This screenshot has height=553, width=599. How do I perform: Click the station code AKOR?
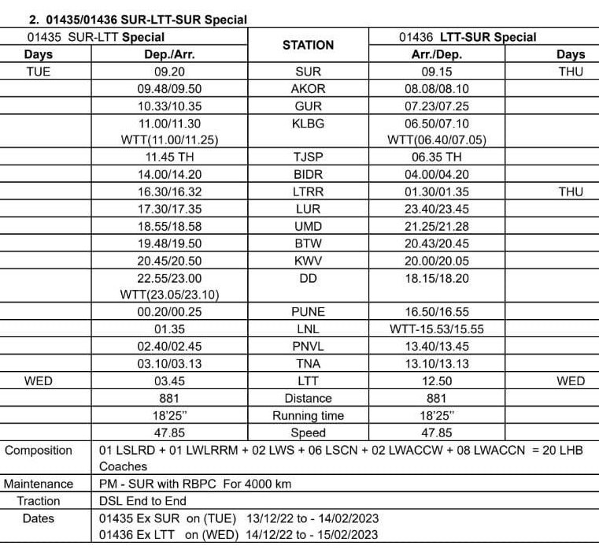(308, 89)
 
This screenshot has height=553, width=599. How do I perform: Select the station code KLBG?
(308, 124)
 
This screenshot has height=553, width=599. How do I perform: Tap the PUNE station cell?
(308, 311)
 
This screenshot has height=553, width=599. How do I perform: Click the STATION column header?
(308, 46)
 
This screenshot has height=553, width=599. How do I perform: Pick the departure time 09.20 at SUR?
(169, 72)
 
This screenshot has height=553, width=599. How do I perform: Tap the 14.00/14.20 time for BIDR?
(169, 174)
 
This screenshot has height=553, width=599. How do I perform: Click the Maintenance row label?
(39, 484)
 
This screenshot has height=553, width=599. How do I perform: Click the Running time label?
(308, 415)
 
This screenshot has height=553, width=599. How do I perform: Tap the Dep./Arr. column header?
(169, 54)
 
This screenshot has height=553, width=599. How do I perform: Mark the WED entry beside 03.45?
(39, 380)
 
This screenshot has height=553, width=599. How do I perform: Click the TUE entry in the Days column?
(39, 72)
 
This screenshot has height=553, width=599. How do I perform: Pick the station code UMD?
(308, 226)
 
